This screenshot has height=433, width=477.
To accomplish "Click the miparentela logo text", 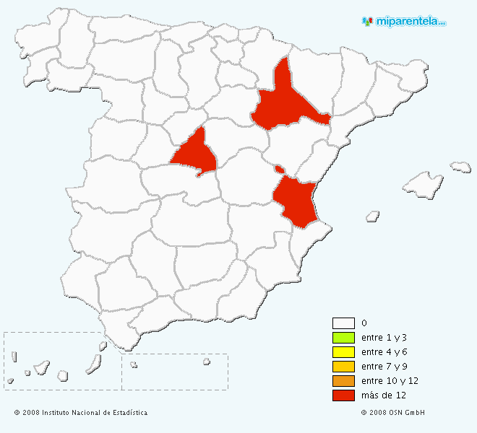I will (x=408, y=22).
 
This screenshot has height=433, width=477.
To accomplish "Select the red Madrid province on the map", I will (x=194, y=152).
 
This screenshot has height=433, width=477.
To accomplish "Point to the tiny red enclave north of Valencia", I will (x=279, y=169).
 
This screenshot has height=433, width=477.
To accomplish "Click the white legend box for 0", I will (x=343, y=323).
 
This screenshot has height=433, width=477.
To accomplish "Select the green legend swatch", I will (x=343, y=338).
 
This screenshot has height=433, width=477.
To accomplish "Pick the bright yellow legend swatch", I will (x=343, y=352).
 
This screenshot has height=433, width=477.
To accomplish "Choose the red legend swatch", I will (x=343, y=395).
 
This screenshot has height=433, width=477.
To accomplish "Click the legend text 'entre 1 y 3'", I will (x=384, y=338).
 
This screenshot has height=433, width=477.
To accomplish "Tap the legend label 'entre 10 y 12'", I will (x=390, y=381).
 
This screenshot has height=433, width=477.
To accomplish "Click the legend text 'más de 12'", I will (x=383, y=395).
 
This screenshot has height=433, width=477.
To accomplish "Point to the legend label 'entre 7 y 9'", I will (x=384, y=367).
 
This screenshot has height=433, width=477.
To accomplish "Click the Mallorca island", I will (x=423, y=185).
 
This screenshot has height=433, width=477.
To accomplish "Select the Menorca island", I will (x=460, y=167).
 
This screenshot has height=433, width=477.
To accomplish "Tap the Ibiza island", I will (x=373, y=215).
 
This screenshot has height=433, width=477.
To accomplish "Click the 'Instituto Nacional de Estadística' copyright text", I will (x=81, y=413).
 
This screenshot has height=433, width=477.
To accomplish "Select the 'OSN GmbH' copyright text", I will (x=393, y=413).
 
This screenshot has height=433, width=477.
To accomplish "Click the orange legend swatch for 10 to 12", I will (x=343, y=381).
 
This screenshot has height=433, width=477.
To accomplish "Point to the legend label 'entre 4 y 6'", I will (x=384, y=352).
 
